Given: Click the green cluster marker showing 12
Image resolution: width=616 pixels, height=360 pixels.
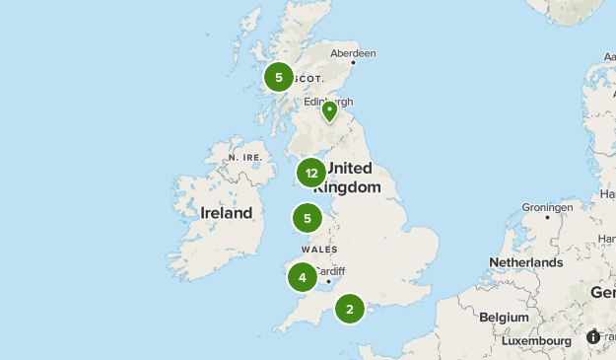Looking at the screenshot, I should pyautogui.click(x=311, y=174).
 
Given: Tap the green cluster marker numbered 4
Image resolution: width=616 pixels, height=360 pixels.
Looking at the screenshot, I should pyautogui.click(x=303, y=277).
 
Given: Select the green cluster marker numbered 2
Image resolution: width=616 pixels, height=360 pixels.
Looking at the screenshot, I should pyautogui.click(x=350, y=309).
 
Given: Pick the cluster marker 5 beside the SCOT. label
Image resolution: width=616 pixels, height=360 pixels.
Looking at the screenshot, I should pyautogui.click(x=279, y=77).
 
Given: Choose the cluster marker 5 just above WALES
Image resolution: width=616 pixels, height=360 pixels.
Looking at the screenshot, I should pyautogui.click(x=308, y=218).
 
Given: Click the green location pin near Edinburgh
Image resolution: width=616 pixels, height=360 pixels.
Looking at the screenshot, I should pyautogui.click(x=329, y=111).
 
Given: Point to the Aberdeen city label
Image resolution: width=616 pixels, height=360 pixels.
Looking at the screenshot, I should pyautogui.click(x=353, y=53).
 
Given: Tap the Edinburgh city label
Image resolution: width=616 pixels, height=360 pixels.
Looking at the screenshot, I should pyautogui.click(x=328, y=101).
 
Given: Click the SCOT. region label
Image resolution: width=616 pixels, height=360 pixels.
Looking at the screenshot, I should pyautogui.click(x=308, y=78).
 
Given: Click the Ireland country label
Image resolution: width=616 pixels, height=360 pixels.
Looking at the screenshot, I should pyautogui.click(x=226, y=212).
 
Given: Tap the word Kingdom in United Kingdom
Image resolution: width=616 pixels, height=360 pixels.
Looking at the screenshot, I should pyautogui.click(x=352, y=186).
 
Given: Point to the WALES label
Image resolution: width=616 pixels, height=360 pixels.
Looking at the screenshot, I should pyautogui.click(x=320, y=250).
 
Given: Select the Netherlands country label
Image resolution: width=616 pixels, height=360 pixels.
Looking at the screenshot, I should pyautogui.click(x=525, y=262).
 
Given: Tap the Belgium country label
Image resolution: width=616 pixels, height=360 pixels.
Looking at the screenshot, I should pyautogui.click(x=504, y=318).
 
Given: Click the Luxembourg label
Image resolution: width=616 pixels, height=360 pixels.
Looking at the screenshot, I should pyautogui.click(x=535, y=341).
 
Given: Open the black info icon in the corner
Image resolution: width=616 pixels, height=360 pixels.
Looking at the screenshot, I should pyautogui.click(x=593, y=337).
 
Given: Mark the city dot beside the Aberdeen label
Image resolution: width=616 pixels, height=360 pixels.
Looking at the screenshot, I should pyautogui.click(x=379, y=60).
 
